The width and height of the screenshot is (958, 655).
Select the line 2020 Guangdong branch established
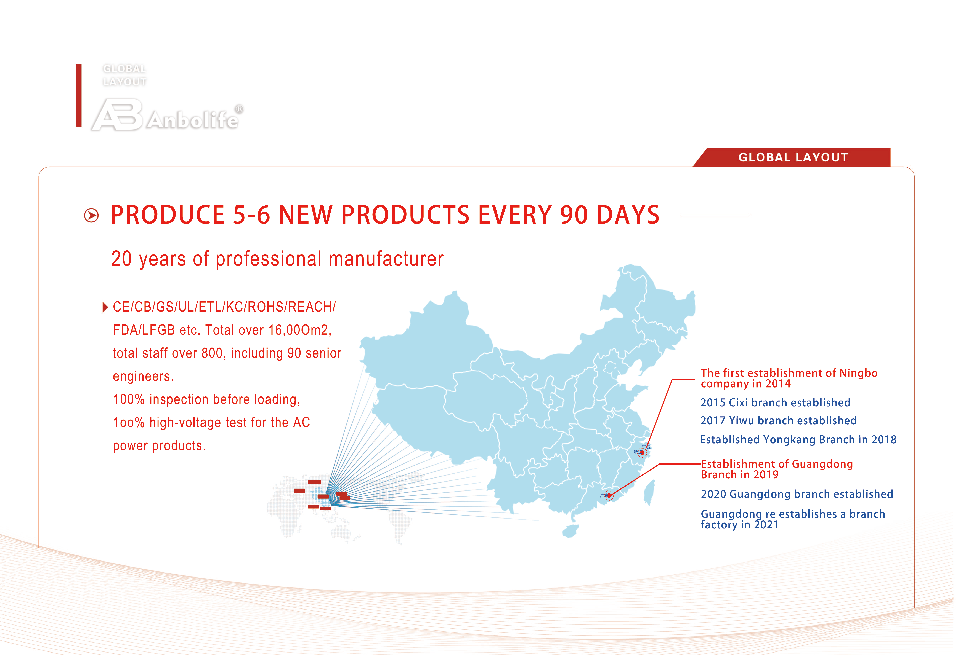pos(797,494)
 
